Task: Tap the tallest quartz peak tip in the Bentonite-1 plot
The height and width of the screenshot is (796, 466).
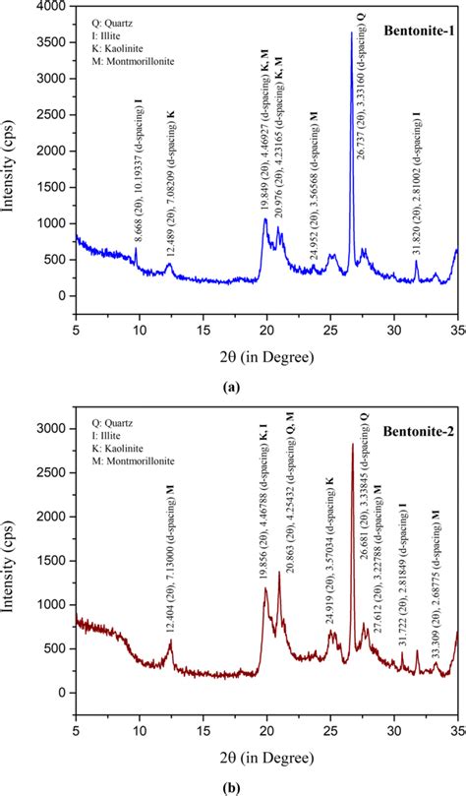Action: (351, 32)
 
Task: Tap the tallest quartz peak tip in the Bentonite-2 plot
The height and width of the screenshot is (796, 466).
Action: (353, 444)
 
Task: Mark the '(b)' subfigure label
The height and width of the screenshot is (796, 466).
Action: (232, 787)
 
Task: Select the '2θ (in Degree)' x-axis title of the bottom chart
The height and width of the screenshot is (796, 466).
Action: (267, 758)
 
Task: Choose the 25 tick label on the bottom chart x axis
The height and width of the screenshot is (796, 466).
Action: (330, 731)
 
